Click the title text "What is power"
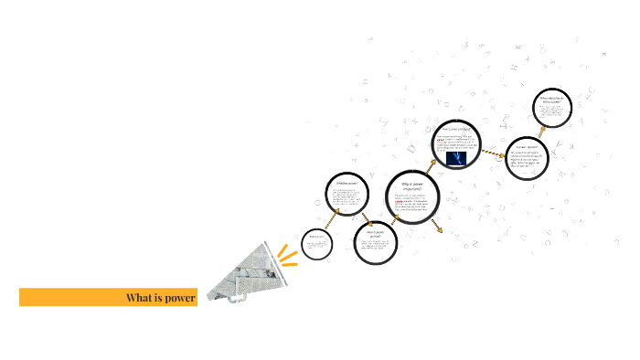(x=161, y=298)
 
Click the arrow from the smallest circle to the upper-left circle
(x=332, y=219)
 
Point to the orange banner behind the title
(x=73, y=298)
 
